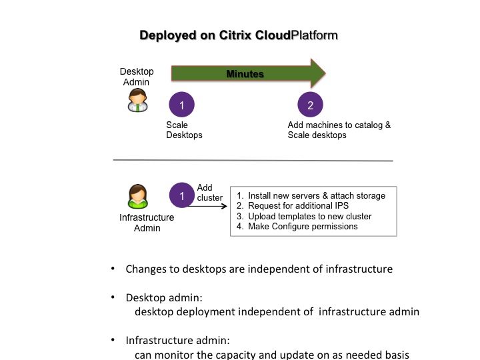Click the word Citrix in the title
pyautogui.click(x=236, y=35)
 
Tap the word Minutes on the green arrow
pyautogui.click(x=245, y=74)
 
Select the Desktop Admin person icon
pyautogui.click(x=137, y=101)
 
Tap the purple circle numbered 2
pyautogui.click(x=310, y=105)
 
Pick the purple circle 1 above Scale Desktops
pyautogui.click(x=182, y=105)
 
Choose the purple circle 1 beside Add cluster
pyautogui.click(x=182, y=196)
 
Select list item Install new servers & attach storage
pyautogui.click(x=311, y=196)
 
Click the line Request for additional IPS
pyautogui.click(x=289, y=206)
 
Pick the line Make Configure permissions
pyautogui.click(x=297, y=227)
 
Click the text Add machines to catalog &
pyautogui.click(x=339, y=125)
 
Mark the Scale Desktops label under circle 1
pyautogui.click(x=184, y=130)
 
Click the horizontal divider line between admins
pyautogui.click(x=253, y=161)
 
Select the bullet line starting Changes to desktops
pyautogui.click(x=259, y=269)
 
